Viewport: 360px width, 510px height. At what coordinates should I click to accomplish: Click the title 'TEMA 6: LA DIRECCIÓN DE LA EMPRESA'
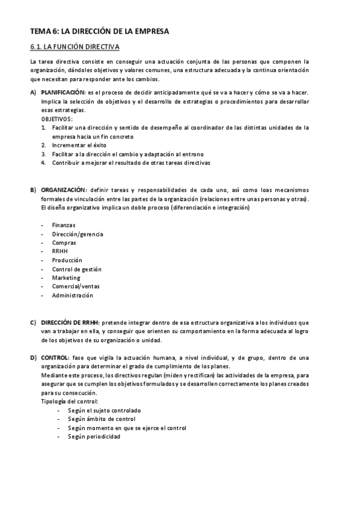click(99, 30)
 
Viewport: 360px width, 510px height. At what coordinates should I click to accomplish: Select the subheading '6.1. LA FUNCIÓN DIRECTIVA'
click(75, 46)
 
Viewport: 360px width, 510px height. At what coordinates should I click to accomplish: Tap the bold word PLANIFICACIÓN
click(63, 93)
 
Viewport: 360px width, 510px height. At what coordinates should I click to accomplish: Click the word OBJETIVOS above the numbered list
click(56, 119)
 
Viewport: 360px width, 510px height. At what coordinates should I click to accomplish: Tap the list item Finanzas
click(64, 225)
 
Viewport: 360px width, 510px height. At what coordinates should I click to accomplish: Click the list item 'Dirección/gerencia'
click(77, 234)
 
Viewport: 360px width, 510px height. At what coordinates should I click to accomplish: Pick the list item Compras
click(64, 243)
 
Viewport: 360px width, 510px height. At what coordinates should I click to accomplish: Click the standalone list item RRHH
click(59, 251)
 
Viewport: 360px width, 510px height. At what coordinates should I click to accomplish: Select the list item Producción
click(67, 260)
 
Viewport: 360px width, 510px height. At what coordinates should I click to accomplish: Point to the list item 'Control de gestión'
click(76, 269)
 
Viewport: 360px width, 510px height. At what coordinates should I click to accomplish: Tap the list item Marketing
click(66, 278)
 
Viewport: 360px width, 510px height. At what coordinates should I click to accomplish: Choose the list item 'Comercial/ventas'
click(75, 287)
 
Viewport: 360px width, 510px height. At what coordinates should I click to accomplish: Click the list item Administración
click(72, 296)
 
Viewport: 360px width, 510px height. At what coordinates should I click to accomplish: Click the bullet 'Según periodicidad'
click(94, 437)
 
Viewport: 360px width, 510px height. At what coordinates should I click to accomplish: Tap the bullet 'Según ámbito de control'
click(102, 419)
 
